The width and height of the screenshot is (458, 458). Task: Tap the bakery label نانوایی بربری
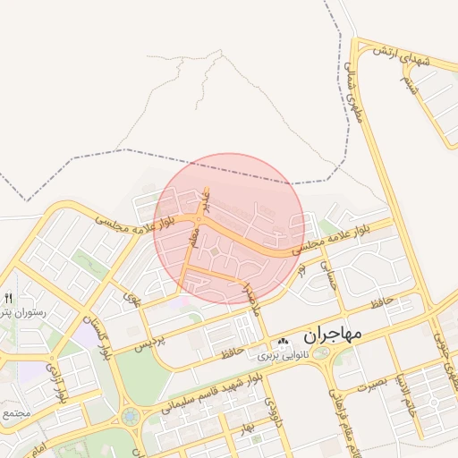pyautogui.click(x=283, y=355)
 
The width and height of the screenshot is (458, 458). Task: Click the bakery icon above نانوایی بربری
pyautogui.click(x=284, y=341)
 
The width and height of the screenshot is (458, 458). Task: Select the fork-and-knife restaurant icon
pyautogui.click(x=9, y=298)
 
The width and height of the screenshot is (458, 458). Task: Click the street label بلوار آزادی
pyautogui.click(x=55, y=386)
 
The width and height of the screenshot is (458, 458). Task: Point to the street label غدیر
pyautogui.click(x=205, y=200)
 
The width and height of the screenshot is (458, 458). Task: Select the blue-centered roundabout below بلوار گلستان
pyautogui.click(x=131, y=416)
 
